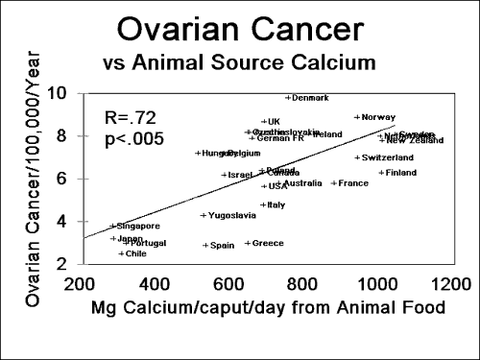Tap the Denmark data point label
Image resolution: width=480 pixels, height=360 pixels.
tap(309, 98)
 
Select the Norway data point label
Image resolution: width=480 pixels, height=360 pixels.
tap(377, 117)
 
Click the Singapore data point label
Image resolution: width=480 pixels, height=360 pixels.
tap(137, 227)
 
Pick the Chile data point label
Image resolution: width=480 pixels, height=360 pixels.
tap(135, 253)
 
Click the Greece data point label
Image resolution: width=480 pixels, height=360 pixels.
tap(267, 243)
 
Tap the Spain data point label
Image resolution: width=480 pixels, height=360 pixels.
tap(221, 245)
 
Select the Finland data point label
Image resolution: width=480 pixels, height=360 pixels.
tap(399, 173)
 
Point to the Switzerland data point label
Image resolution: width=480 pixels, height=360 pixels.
tap(386, 157)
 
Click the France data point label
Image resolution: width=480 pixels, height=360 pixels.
tap(352, 182)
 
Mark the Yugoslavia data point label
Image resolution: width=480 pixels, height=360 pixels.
tap(230, 215)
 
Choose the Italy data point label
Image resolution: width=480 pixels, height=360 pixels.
tap(275, 204)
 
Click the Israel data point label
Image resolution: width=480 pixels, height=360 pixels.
tap(238, 175)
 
